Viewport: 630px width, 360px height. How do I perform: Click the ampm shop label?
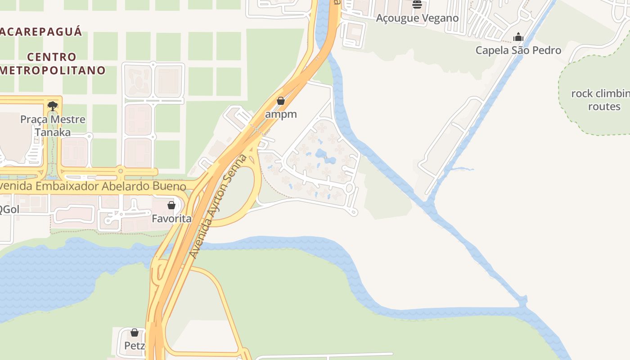pyautogui.click(x=281, y=114)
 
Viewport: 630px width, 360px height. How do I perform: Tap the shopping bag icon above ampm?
pyautogui.click(x=281, y=101)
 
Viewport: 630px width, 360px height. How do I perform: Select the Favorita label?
pyautogui.click(x=171, y=219)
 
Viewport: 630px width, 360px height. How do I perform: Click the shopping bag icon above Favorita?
pyautogui.click(x=171, y=205)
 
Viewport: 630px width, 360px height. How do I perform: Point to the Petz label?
pyautogui.click(x=135, y=346)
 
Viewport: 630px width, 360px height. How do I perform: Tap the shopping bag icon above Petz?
pyautogui.click(x=135, y=333)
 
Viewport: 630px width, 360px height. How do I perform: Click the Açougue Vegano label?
pyautogui.click(x=417, y=18)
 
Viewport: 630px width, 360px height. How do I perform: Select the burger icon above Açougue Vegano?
pyautogui.click(x=417, y=5)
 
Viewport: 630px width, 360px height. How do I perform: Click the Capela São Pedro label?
pyautogui.click(x=518, y=50)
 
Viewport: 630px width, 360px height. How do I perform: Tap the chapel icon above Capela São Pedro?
pyautogui.click(x=518, y=37)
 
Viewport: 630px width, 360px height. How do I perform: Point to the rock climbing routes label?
pyautogui.click(x=603, y=100)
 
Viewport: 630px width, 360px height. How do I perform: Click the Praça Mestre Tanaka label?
pyautogui.click(x=53, y=126)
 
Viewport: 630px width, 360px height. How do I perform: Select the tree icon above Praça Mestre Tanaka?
pyautogui.click(x=53, y=106)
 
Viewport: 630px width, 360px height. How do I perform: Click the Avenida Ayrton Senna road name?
pyautogui.click(x=218, y=206)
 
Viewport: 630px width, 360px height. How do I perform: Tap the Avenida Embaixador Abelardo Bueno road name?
pyautogui.click(x=92, y=186)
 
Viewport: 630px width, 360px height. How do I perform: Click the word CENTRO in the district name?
pyautogui.click(x=52, y=57)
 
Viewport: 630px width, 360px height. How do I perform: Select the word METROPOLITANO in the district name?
pyautogui.click(x=53, y=71)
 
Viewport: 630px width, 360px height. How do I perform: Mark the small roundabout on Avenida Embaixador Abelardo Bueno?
pyautogui.click(x=120, y=171)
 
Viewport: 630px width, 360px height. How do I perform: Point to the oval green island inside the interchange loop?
pyautogui.click(x=237, y=191)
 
